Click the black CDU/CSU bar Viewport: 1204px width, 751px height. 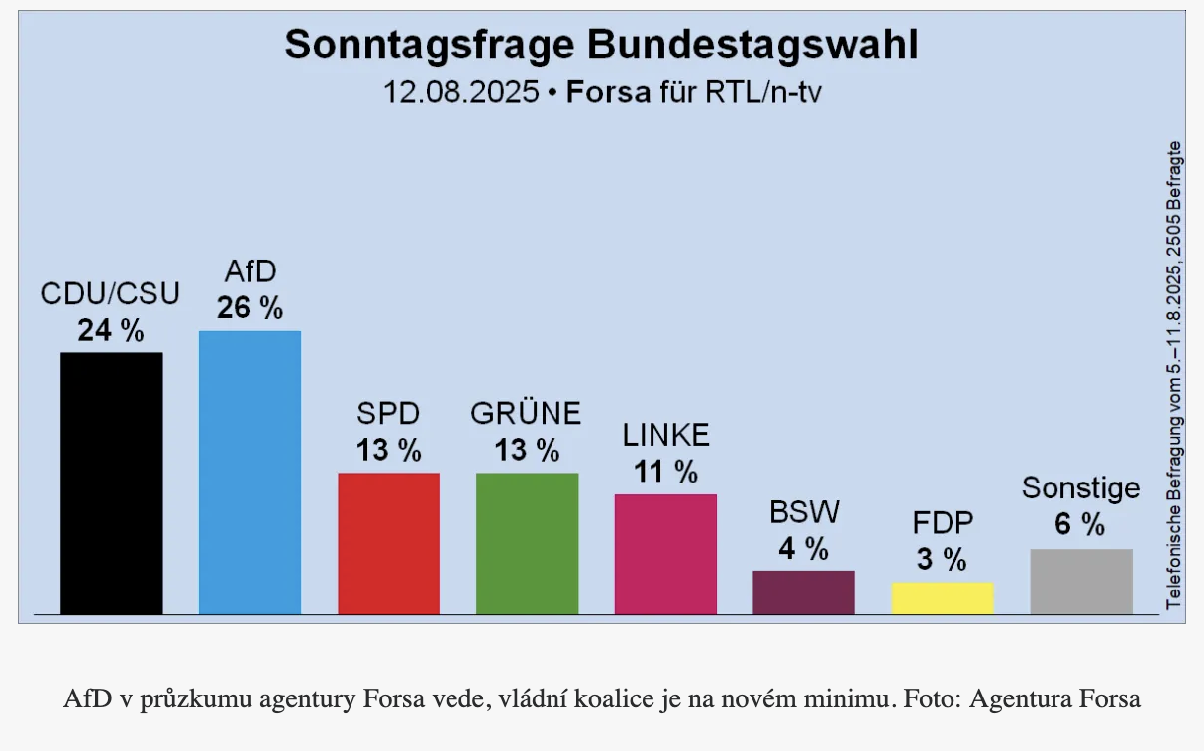point(111,483)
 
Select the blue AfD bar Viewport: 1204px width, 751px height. point(250,472)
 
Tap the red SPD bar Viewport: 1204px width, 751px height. point(388,543)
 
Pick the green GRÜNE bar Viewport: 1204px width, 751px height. point(527,543)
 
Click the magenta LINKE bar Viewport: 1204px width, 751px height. point(665,554)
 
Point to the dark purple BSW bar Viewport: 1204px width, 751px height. point(803,592)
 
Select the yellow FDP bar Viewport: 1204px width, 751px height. point(942,598)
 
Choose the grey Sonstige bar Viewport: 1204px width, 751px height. point(1080,582)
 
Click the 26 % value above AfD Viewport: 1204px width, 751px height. point(250,307)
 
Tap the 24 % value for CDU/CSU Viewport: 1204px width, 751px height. point(111,330)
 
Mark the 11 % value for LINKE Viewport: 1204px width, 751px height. point(665,472)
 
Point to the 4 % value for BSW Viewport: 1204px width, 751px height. point(803,548)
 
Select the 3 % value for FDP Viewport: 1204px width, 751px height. point(942,560)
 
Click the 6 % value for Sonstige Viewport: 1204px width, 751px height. point(1080,525)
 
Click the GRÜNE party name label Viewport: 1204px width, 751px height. point(526,413)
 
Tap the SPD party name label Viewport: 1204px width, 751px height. point(388,413)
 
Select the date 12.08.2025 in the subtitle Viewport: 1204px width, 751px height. point(461,93)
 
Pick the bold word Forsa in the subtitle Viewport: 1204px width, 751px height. point(608,93)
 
